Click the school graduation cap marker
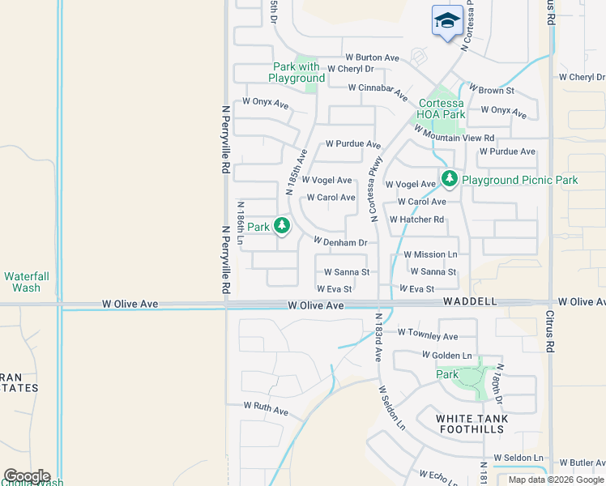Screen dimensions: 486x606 pyautogui.click(x=447, y=21)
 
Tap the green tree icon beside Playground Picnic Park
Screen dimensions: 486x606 pyautogui.click(x=448, y=177)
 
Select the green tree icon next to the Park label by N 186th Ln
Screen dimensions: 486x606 pyautogui.click(x=282, y=225)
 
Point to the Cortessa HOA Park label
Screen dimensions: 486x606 pyautogui.click(x=442, y=109)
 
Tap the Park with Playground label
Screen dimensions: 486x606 pyautogui.click(x=297, y=72)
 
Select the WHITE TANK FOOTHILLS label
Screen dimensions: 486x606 pyautogui.click(x=472, y=424)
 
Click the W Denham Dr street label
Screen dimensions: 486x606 pyautogui.click(x=340, y=241)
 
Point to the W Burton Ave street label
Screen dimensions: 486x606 pyautogui.click(x=372, y=58)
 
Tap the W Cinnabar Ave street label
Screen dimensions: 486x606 pyautogui.click(x=378, y=90)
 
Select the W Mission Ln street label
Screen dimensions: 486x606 pyautogui.click(x=430, y=254)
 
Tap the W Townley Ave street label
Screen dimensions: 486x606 pyautogui.click(x=427, y=335)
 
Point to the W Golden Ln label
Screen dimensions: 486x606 pyautogui.click(x=446, y=356)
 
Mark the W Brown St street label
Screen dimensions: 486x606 pyautogui.click(x=491, y=91)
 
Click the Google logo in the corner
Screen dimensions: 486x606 pyautogui.click(x=27, y=476)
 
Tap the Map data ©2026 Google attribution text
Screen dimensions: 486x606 pyautogui.click(x=556, y=480)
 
